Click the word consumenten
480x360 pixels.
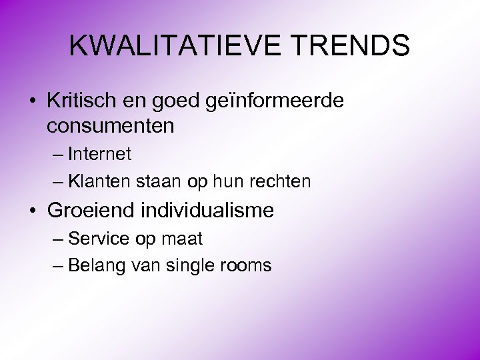point(111,125)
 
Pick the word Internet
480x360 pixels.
point(99,154)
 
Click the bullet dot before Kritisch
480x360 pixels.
point(33,102)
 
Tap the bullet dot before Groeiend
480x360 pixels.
point(33,211)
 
